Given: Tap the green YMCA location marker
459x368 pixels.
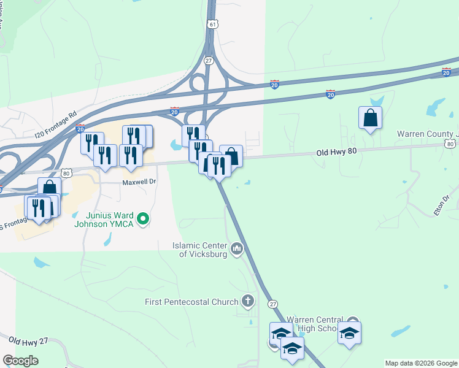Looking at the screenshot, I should point(143,218).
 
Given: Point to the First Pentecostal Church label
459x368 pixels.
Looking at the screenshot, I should point(191,301).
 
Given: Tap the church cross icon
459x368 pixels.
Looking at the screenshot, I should point(247,301).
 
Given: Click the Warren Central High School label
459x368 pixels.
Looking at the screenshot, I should point(316,324).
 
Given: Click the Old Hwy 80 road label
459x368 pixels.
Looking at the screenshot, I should point(337,152).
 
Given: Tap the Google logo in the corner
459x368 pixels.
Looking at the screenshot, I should point(20,361).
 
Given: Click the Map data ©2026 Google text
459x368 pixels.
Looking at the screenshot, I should point(421,363).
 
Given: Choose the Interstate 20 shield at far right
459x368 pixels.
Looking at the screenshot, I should point(446,72).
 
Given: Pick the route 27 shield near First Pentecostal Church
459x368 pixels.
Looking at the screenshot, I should point(273,304).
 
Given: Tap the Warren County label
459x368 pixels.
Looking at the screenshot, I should point(427,133).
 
